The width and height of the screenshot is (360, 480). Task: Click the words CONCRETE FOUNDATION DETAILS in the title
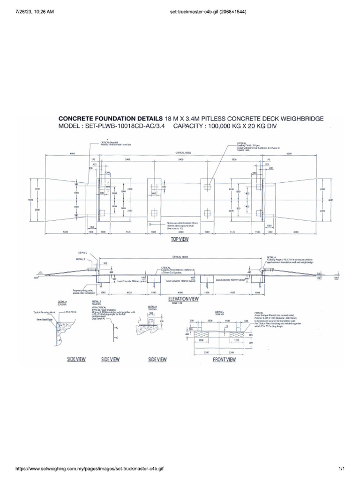[x=110, y=119]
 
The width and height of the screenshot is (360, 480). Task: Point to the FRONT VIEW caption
[x=225, y=360]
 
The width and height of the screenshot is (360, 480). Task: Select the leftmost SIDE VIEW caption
[x=76, y=360]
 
